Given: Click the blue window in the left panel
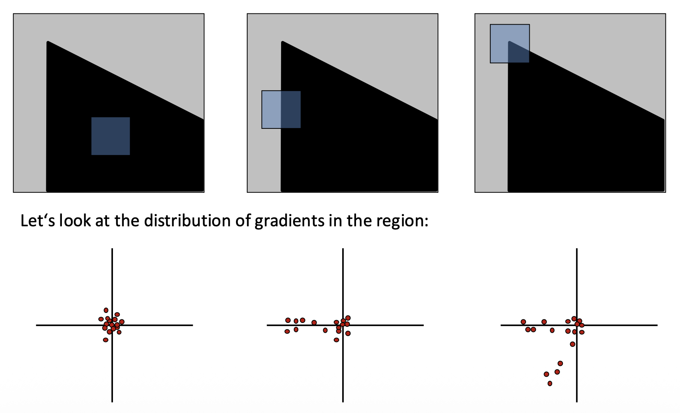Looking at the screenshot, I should (x=111, y=136).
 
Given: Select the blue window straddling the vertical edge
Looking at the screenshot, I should (x=281, y=109).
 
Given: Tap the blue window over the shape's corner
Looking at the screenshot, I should (x=510, y=43).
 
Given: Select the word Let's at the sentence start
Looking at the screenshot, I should (x=38, y=221).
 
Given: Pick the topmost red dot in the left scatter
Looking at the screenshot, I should (x=106, y=310).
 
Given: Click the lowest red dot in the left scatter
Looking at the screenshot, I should (x=106, y=340).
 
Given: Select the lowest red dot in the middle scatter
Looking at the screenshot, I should (x=336, y=340).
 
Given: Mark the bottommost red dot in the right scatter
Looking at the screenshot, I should (x=550, y=383).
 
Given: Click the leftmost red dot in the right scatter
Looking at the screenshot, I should (x=523, y=322).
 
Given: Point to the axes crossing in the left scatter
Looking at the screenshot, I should (x=112, y=325).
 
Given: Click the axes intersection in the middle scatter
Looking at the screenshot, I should (x=343, y=325).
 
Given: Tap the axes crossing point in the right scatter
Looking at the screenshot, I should (x=577, y=325).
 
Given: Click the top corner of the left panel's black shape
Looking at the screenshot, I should (x=48, y=42).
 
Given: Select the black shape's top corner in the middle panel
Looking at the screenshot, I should (x=282, y=42).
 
